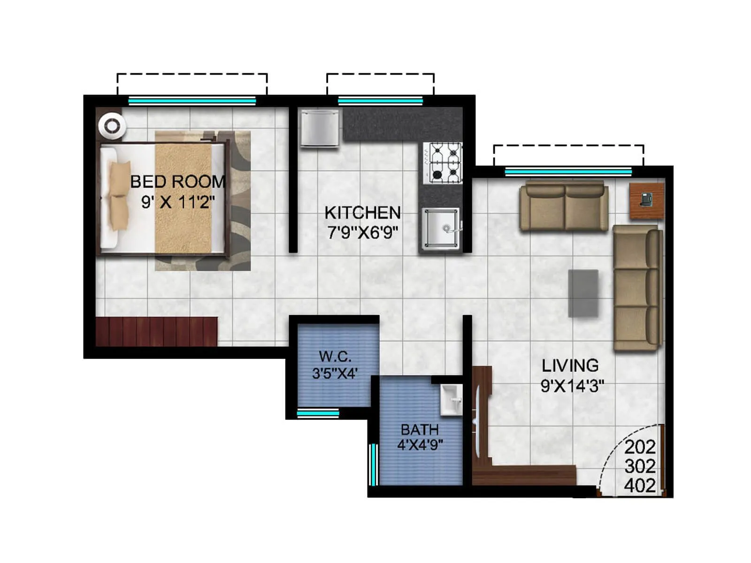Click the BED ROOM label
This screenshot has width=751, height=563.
pyautogui.click(x=177, y=182)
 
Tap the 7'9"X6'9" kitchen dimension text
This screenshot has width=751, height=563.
pyautogui.click(x=362, y=232)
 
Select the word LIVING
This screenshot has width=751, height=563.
pyautogui.click(x=570, y=365)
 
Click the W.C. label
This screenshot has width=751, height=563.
pyautogui.click(x=335, y=357)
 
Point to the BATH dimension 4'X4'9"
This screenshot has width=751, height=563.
pyautogui.click(x=420, y=444)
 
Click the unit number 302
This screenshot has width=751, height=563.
pyautogui.click(x=640, y=466)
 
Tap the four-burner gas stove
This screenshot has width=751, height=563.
pyautogui.click(x=443, y=163)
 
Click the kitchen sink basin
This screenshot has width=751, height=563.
pyautogui.click(x=440, y=228)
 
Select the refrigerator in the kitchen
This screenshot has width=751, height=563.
pyautogui.click(x=319, y=127)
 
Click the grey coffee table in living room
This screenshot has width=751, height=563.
pyautogui.click(x=583, y=293)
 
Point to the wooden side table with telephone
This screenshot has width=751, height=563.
pyautogui.click(x=646, y=201)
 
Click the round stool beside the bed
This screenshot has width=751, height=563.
pyautogui.click(x=112, y=126)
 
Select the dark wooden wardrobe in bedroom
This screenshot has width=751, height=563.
pyautogui.click(x=156, y=332)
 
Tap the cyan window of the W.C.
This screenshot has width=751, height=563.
pyautogui.click(x=318, y=413)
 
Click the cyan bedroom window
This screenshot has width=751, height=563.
pyautogui.click(x=192, y=101)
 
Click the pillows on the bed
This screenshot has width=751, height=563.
pyautogui.click(x=120, y=196)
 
